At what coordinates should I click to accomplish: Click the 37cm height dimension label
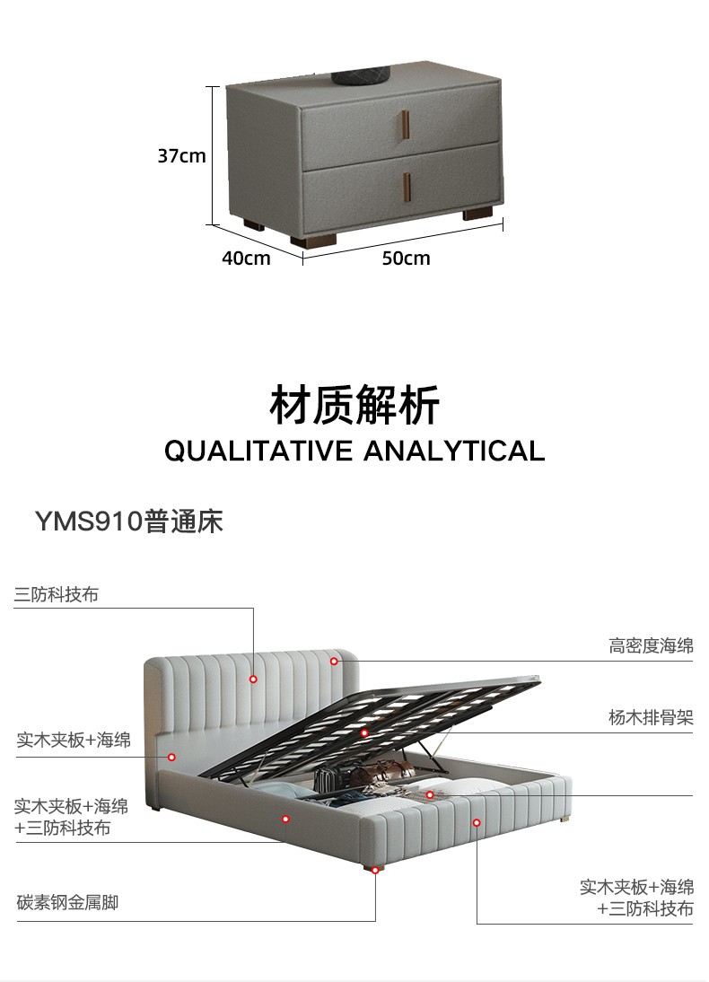click(182, 155)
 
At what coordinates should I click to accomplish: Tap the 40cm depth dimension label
click(246, 259)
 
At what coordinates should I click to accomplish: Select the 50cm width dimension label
click(406, 259)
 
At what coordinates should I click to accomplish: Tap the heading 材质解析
click(354, 406)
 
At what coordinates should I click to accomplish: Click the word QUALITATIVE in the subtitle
click(258, 450)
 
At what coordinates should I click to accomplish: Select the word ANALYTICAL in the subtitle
click(454, 450)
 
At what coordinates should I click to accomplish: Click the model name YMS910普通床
click(128, 522)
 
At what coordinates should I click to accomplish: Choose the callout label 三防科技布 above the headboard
click(57, 594)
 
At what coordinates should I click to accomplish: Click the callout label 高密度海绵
click(651, 645)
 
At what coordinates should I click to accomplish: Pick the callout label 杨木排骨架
click(651, 717)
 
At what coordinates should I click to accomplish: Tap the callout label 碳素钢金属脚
click(67, 902)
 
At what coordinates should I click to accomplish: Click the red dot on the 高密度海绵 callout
click(333, 662)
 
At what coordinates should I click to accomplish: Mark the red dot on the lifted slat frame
click(364, 733)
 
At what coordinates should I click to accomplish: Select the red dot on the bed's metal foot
click(375, 869)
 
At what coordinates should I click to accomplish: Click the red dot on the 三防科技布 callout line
click(254, 679)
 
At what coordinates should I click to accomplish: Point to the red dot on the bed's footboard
click(477, 822)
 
